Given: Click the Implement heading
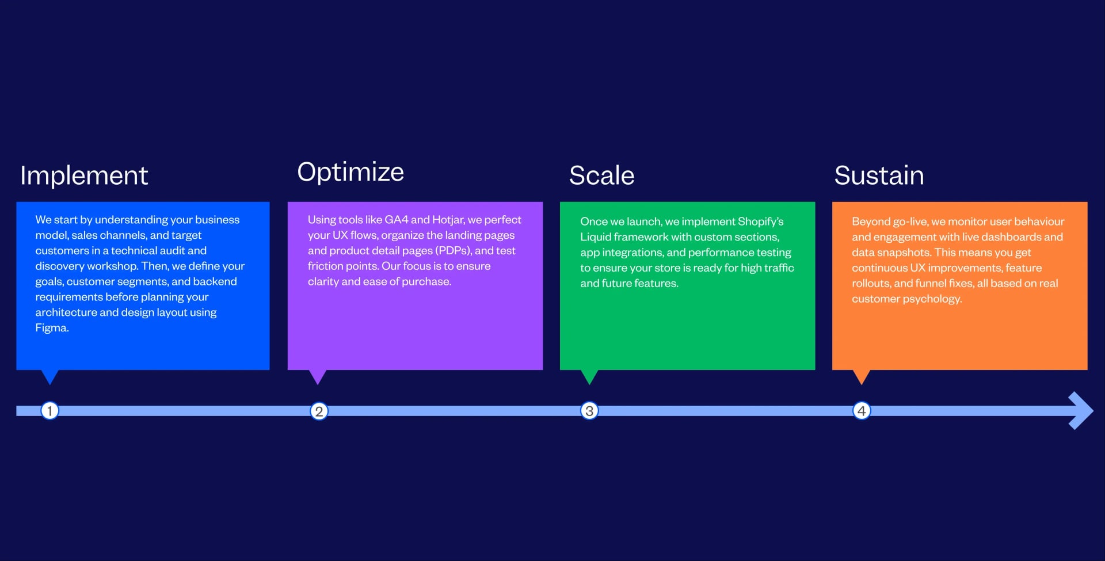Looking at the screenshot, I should pyautogui.click(x=84, y=175).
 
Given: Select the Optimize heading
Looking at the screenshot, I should pyautogui.click(x=350, y=172).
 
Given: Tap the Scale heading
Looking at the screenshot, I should pyautogui.click(x=601, y=175).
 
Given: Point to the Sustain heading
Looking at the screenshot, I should pyautogui.click(x=879, y=175).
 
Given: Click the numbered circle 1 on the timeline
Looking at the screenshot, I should pyautogui.click(x=50, y=411).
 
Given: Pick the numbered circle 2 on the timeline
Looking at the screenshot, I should pyautogui.click(x=319, y=411).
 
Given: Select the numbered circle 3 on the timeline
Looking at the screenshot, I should pyautogui.click(x=589, y=411).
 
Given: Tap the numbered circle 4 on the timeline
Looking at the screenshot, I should pyautogui.click(x=862, y=411).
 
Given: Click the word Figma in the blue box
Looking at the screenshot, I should pyautogui.click(x=51, y=328).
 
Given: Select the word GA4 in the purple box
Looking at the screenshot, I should pyautogui.click(x=396, y=220).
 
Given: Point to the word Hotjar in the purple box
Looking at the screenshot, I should pyautogui.click(x=448, y=220).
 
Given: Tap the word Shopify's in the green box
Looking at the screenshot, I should pyautogui.click(x=760, y=222).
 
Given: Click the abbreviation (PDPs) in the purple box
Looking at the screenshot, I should pyautogui.click(x=453, y=251).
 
